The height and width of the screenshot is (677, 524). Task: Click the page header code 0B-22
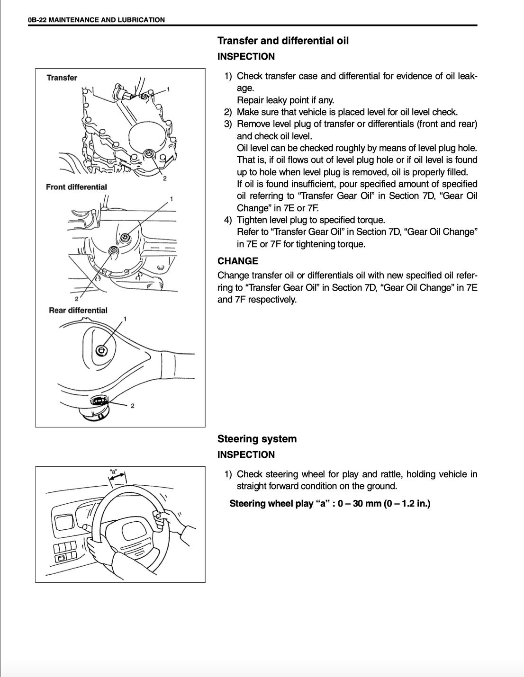[x=37, y=20]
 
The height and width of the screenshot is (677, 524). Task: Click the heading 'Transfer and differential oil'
[x=283, y=41]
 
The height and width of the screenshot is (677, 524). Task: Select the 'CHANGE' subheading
[x=238, y=261]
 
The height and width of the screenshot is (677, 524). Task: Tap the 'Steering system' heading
[x=257, y=439]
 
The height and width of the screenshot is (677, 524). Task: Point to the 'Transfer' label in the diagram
[x=62, y=78]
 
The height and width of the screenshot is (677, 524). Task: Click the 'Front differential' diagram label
[x=76, y=187]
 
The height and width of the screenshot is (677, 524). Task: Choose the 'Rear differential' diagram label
[x=78, y=311]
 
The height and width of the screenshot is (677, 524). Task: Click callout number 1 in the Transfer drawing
[x=168, y=89]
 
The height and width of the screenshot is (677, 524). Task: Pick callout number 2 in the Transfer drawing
[x=164, y=178]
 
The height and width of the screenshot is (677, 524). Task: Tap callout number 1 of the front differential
[x=171, y=199]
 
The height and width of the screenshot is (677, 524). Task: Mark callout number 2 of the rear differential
[x=133, y=406]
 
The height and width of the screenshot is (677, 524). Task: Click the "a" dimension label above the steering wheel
[x=114, y=472]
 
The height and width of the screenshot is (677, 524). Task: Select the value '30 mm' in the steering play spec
[x=364, y=503]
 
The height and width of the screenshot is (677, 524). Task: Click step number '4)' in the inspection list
[x=228, y=220]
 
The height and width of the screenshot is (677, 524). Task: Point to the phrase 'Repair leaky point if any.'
[x=285, y=100]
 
